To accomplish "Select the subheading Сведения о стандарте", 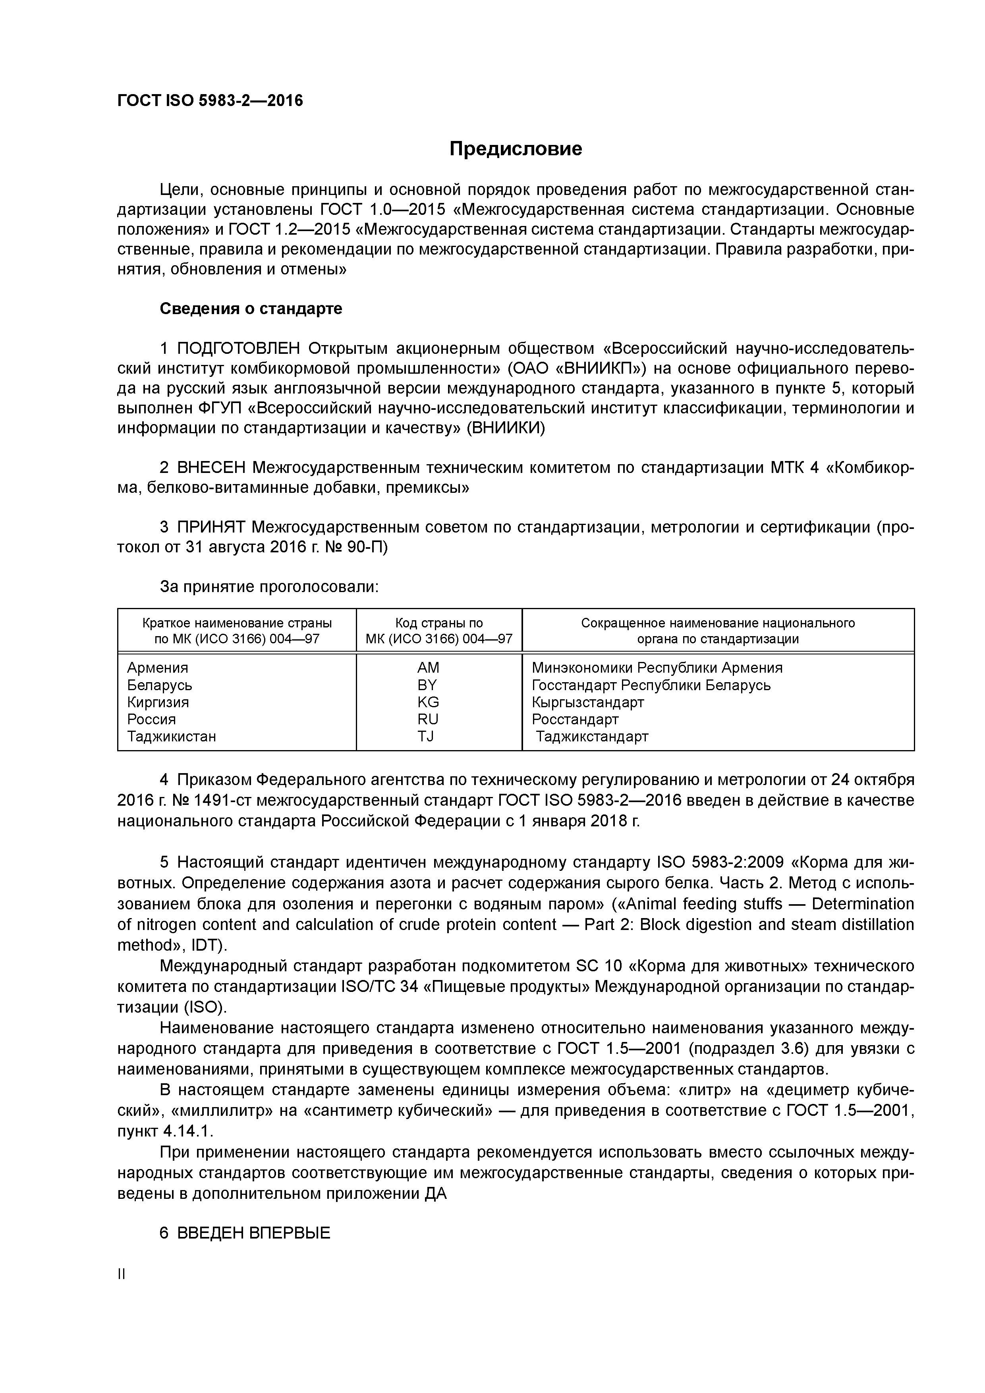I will click(x=251, y=309).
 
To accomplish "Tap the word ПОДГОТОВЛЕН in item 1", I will click(x=239, y=349).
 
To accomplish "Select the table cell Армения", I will click(x=157, y=668).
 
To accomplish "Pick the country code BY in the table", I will click(x=427, y=685).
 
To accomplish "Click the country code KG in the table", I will click(x=428, y=702).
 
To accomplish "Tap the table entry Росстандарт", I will click(x=575, y=720).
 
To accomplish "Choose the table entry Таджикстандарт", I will click(x=592, y=737).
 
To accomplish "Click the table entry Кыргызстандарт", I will click(x=587, y=702).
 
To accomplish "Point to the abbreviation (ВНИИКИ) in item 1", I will click(x=506, y=428).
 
